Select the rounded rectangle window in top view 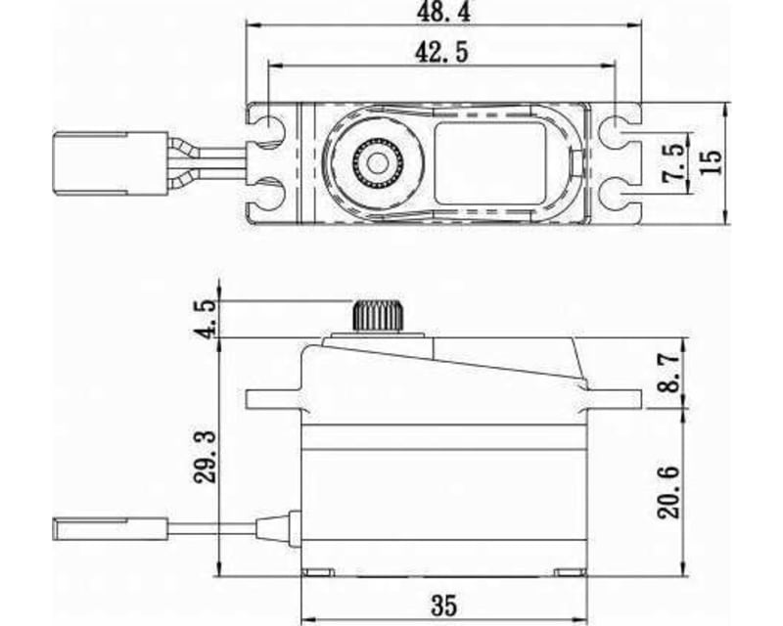489,162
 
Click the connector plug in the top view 110,162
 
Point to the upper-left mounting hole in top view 270,129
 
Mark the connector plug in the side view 108,530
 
